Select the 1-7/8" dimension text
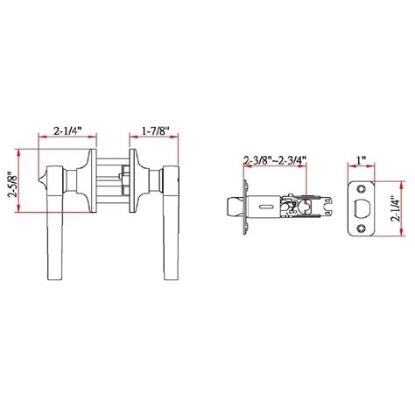click(156, 130)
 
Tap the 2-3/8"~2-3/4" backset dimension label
click(275, 161)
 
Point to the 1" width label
click(362, 161)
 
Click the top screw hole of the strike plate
click(362, 189)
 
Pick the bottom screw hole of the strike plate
click(362, 228)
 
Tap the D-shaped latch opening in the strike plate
click(362, 208)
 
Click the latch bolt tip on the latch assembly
click(235, 207)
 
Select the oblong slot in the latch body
click(265, 207)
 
